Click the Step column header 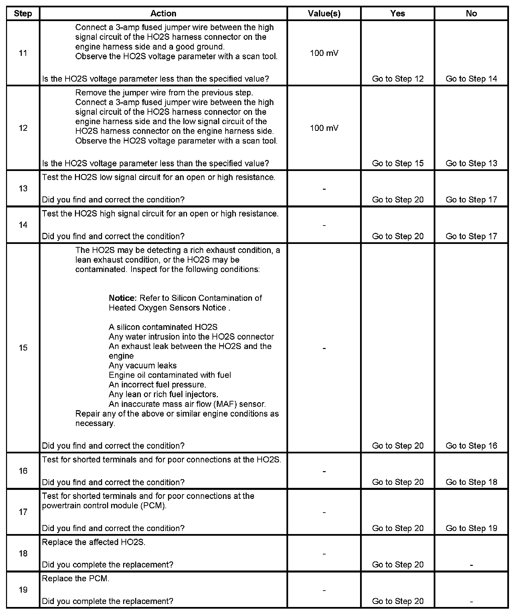click(23, 14)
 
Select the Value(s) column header click(324, 14)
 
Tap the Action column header click(163, 14)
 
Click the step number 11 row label click(23, 53)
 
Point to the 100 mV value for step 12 click(324, 128)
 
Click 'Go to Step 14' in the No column click(471, 79)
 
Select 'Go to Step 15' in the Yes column click(398, 163)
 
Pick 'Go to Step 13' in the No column click(471, 163)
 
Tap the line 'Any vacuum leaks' click(143, 366)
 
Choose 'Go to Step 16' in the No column click(471, 446)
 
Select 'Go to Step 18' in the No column click(471, 482)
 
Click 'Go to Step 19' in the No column click(471, 528)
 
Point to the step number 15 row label click(23, 348)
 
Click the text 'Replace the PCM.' click(76, 579)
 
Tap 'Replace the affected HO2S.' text click(94, 542)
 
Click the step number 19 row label click(23, 590)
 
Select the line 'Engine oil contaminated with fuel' click(170, 375)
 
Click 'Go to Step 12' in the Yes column click(398, 79)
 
